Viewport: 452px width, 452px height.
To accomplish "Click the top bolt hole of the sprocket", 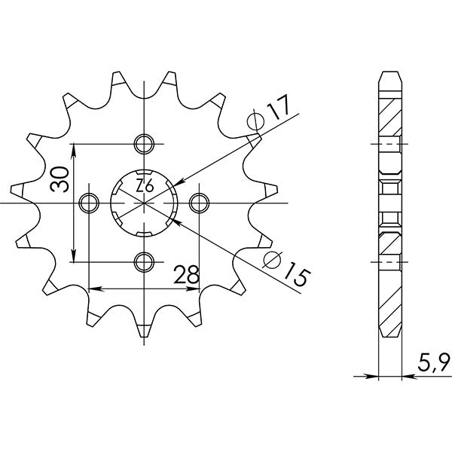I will coord(143,143).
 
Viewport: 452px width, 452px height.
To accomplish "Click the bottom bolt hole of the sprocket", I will coord(143,261).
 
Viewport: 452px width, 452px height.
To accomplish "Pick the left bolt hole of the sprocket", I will coord(89,201).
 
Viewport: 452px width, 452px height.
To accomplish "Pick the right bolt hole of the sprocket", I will coord(199,201).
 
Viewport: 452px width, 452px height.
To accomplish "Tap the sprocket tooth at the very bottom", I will coord(143,329).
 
